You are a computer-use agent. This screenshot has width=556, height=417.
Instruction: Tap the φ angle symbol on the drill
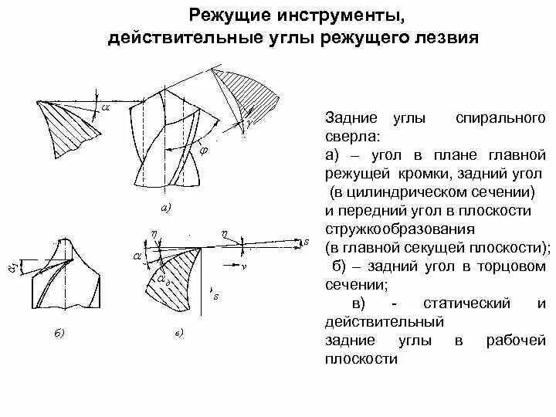point(204,152)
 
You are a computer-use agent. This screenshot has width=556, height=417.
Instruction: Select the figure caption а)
point(164,207)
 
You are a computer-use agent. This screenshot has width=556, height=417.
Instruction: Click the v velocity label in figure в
point(242,265)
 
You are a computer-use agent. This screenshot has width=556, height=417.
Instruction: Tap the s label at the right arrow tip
point(307,242)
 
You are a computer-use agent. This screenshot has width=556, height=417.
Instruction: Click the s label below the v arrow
point(216,296)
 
